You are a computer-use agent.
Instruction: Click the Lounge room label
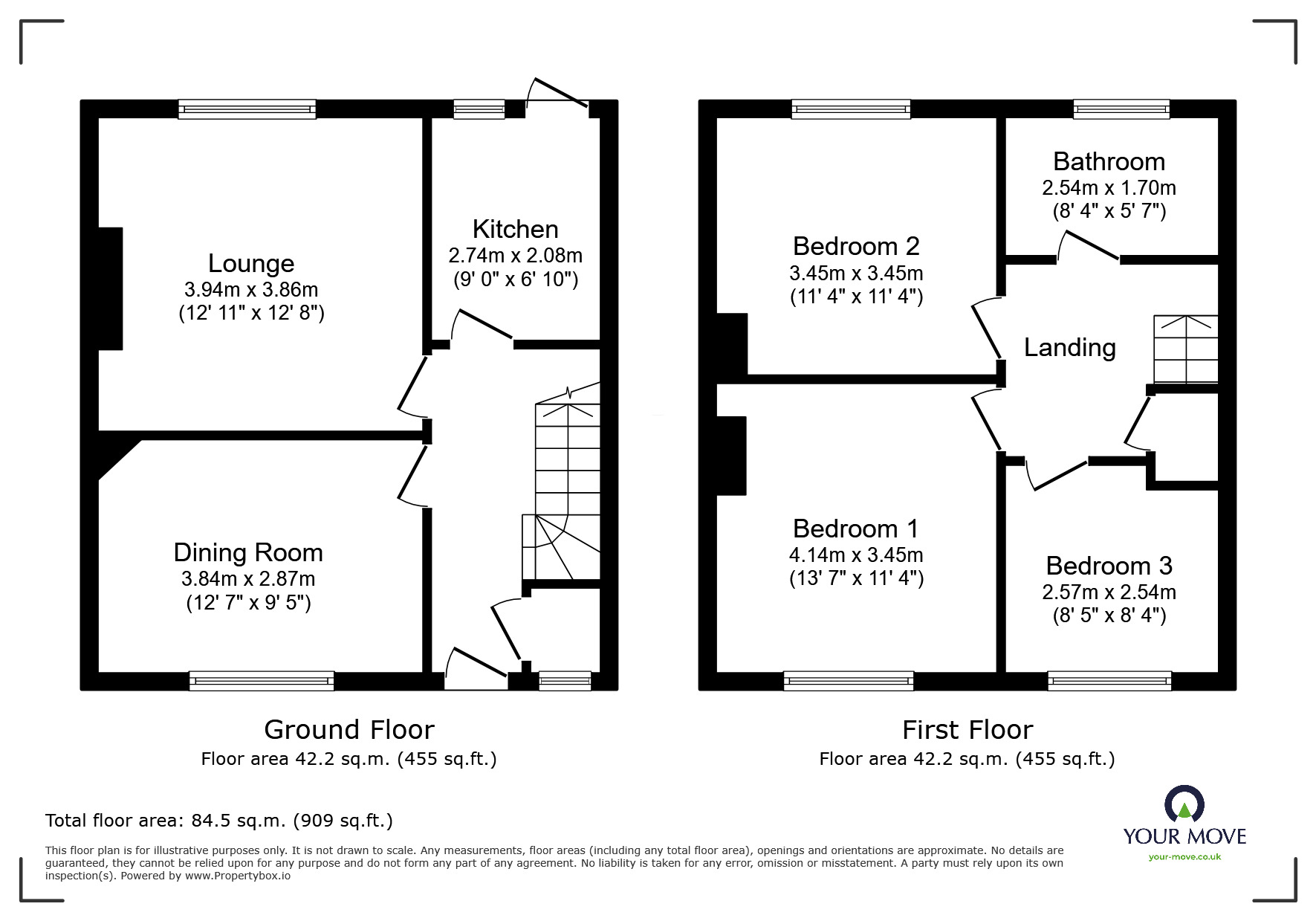[251, 263]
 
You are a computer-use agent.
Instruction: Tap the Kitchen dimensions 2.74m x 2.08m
[515, 256]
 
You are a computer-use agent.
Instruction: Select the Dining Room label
[247, 552]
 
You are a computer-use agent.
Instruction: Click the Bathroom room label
[1109, 161]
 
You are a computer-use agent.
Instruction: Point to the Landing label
[1069, 347]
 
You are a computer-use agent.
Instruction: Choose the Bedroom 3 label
[1109, 566]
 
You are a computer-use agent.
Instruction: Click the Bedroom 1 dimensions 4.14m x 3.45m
[856, 555]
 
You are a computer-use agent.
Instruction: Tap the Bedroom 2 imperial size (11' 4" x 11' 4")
[856, 297]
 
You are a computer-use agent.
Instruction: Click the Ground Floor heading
[349, 729]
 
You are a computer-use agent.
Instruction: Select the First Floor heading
[967, 729]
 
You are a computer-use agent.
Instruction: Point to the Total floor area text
[219, 821]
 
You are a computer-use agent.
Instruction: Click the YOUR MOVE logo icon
[1184, 804]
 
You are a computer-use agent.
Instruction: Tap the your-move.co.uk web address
[1184, 857]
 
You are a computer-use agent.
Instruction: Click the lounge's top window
[247, 109]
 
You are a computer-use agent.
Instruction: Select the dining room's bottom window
[262, 680]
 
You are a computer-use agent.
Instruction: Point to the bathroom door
[1089, 246]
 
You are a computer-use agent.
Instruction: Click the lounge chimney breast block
[110, 288]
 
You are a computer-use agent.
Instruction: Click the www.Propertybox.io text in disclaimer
[237, 876]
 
